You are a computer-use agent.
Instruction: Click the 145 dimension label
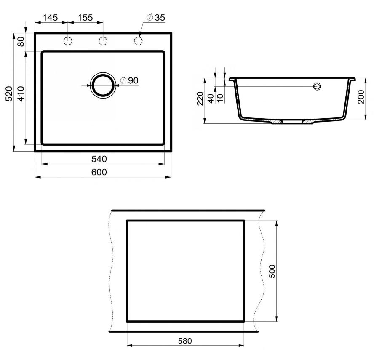50,18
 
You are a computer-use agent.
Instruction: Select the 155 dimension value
85,18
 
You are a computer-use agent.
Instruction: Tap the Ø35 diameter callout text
156,18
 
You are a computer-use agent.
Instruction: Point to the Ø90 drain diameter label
129,80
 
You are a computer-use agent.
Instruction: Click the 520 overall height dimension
9,93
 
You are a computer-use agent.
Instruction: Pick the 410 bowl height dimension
21,94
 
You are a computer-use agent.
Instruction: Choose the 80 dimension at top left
21,42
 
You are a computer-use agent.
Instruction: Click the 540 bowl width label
99,159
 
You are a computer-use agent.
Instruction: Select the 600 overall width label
99,172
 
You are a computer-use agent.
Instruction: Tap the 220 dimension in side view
200,99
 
